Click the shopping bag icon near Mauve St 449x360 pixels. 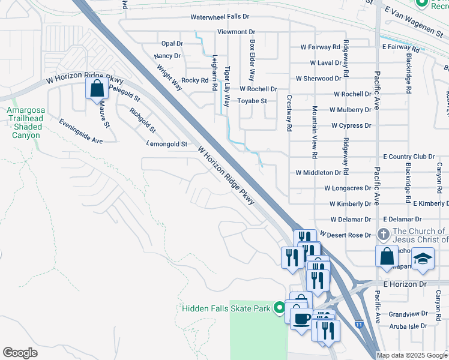[97, 89]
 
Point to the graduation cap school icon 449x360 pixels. [423, 257]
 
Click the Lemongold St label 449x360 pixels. [167, 144]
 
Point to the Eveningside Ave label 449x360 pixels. [81, 131]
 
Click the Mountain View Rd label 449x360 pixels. [314, 132]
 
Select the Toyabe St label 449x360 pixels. [252, 101]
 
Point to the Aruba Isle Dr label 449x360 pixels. [408, 326]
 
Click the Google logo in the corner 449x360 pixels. [20, 353]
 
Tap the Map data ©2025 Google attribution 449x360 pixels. [412, 355]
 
